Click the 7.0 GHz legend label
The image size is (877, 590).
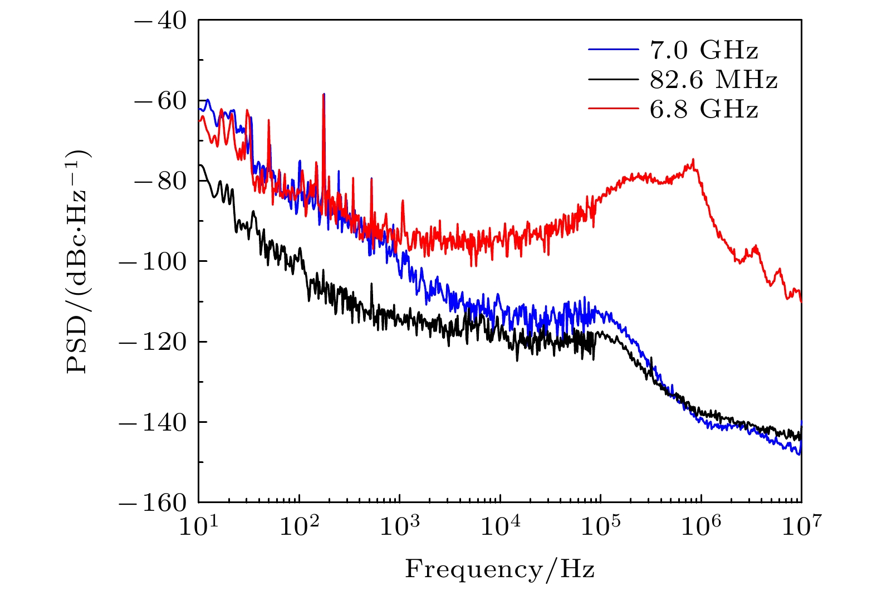[x=704, y=51]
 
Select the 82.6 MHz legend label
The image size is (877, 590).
[x=713, y=80]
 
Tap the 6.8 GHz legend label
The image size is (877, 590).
[x=704, y=109]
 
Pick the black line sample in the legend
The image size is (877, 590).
[x=613, y=80]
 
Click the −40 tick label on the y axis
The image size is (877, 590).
[x=159, y=21]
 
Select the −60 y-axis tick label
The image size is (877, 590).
[x=159, y=101]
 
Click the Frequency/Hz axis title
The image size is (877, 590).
[x=499, y=569]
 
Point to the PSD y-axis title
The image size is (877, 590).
[x=79, y=262]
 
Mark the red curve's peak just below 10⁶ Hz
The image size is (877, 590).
[x=693, y=159]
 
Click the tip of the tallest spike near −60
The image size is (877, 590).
[x=324, y=94]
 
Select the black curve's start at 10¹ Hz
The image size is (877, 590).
[x=200, y=165]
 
